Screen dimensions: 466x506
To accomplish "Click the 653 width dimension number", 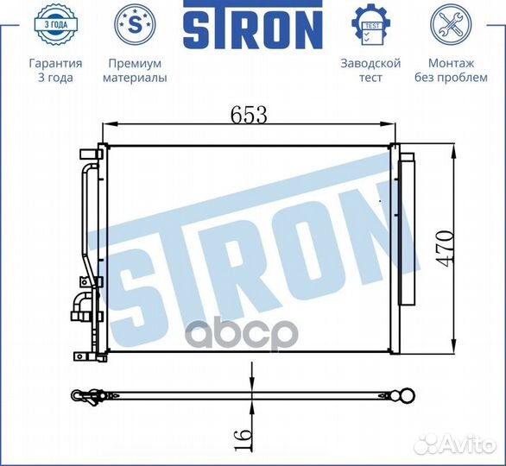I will (250, 114).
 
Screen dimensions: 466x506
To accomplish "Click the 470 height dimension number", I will (444, 249).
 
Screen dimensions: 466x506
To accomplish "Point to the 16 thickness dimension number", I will (244, 438).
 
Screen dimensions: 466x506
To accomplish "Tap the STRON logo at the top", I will (252, 29).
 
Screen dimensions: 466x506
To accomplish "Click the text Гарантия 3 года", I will (55, 71).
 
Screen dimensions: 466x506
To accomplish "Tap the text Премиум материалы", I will (135, 71).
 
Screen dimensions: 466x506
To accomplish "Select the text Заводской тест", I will (370, 71).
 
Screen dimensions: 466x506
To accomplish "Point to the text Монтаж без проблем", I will (451, 71).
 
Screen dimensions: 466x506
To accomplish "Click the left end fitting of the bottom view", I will (85, 396).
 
